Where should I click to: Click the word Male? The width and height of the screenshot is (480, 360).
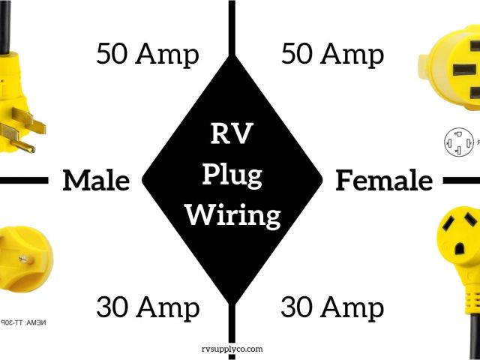(95, 181)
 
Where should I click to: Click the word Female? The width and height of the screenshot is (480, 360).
(384, 181)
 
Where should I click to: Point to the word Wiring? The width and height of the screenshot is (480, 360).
(232, 216)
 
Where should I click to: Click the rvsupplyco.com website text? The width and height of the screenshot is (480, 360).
(232, 349)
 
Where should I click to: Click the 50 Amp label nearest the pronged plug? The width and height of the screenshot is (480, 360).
(148, 55)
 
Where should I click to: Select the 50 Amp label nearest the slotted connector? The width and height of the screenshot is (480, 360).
(332, 55)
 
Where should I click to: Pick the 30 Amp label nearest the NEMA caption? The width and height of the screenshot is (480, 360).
(148, 307)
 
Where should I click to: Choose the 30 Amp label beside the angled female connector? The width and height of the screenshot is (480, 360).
(332, 307)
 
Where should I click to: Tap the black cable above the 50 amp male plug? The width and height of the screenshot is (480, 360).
(5, 22)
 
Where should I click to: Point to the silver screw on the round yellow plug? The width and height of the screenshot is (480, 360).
(13, 254)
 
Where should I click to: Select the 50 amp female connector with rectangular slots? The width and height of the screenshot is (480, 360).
(450, 71)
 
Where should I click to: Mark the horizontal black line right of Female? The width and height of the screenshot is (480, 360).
(461, 181)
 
